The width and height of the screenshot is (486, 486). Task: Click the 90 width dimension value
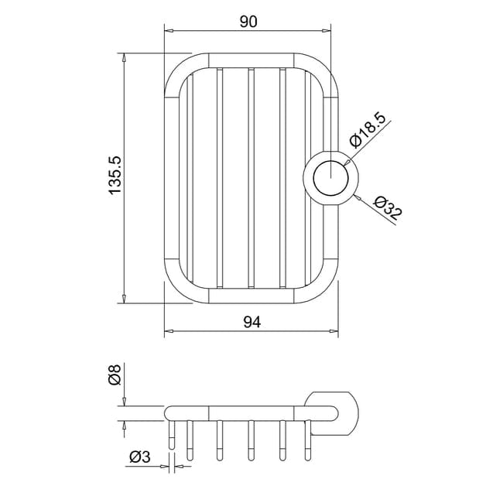point(248,22)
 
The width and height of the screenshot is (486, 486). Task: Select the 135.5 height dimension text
point(115,176)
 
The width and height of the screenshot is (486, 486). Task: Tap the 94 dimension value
point(252,322)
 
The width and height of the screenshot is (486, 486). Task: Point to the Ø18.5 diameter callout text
point(368,130)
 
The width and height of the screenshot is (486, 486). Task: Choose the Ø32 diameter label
point(388,207)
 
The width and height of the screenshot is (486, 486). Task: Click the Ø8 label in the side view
point(115,375)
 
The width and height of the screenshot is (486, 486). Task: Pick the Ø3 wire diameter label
point(140,457)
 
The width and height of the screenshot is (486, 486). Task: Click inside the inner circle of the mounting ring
point(330,178)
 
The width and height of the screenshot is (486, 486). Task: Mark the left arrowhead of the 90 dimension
point(168,31)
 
